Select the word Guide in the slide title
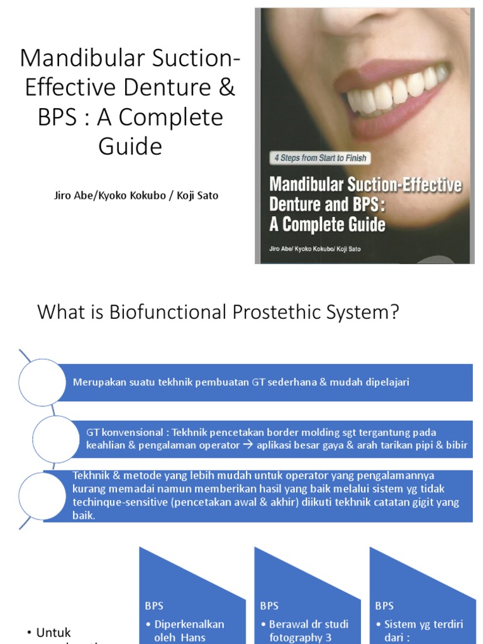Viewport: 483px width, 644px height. click(130, 146)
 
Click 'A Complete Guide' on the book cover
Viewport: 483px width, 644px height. click(327, 224)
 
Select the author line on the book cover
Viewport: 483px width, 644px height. click(316, 248)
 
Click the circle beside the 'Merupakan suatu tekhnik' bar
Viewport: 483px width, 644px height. click(42, 382)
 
